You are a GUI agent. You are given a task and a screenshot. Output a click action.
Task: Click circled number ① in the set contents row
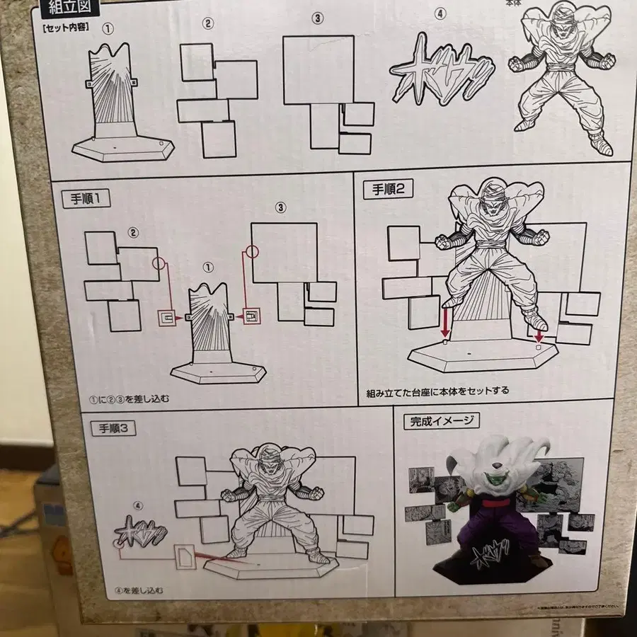(108, 30)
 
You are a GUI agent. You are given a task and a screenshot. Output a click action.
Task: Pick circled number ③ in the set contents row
(318, 18)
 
